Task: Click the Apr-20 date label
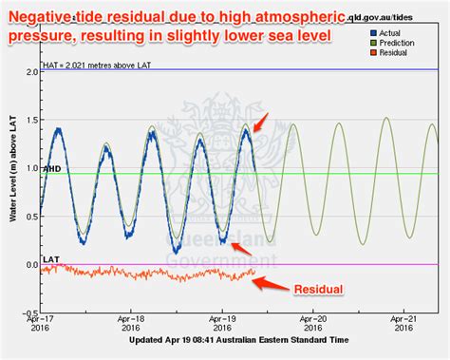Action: coord(313,324)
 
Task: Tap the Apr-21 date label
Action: coord(405,324)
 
